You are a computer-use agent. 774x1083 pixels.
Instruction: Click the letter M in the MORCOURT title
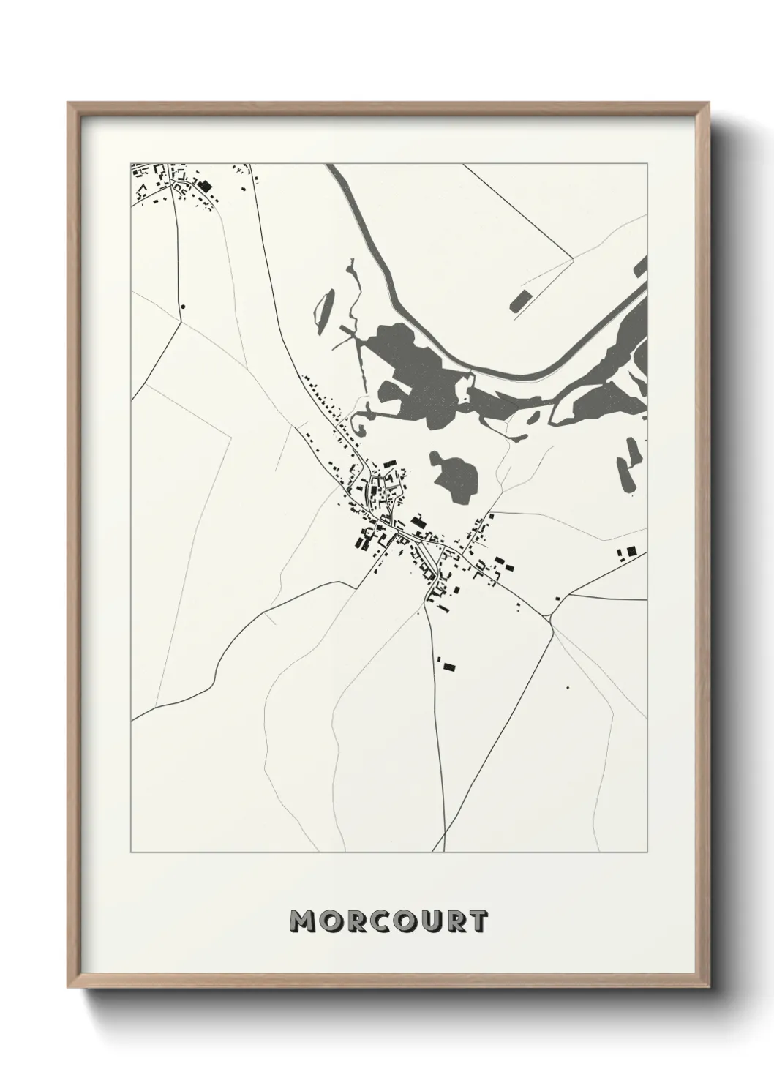(304, 921)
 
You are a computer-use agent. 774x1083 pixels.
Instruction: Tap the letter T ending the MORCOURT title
(478, 921)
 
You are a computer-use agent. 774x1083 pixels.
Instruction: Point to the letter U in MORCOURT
(427, 921)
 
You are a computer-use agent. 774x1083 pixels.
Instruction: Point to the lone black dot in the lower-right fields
(567, 687)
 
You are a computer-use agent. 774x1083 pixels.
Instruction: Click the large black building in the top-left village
(204, 187)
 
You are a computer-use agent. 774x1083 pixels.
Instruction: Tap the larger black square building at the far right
(631, 550)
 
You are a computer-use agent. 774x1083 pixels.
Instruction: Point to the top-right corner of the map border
(647, 164)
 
